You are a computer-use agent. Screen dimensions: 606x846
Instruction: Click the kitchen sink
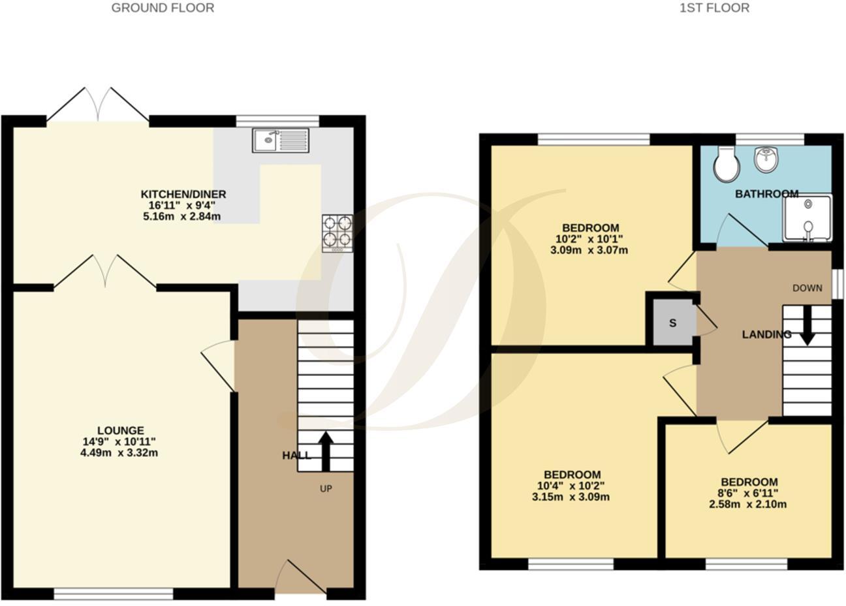pyautogui.click(x=281, y=140)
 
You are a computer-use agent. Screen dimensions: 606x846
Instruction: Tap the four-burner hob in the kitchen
pyautogui.click(x=337, y=232)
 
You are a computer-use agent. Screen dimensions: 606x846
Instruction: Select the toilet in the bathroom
pyautogui.click(x=725, y=164)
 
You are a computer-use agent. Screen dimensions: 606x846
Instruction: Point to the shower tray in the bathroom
pyautogui.click(x=807, y=218)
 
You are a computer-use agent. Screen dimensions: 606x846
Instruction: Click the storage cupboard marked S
pyautogui.click(x=672, y=323)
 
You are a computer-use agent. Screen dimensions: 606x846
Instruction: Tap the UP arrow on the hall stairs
pyautogui.click(x=326, y=451)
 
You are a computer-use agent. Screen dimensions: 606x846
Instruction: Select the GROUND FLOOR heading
pyautogui.click(x=163, y=8)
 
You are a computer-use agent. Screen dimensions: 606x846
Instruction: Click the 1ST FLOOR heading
pyautogui.click(x=714, y=8)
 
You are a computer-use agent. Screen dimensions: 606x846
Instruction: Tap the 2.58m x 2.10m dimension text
pyautogui.click(x=749, y=504)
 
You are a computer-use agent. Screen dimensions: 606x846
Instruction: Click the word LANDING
pyautogui.click(x=766, y=334)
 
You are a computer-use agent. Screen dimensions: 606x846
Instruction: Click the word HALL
pyautogui.click(x=296, y=455)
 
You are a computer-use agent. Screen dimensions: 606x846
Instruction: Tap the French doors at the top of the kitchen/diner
pyautogui.click(x=98, y=104)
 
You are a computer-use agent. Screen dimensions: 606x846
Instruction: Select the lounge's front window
pyautogui.click(x=114, y=594)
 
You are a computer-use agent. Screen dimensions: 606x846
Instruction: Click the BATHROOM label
pyautogui.click(x=766, y=194)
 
